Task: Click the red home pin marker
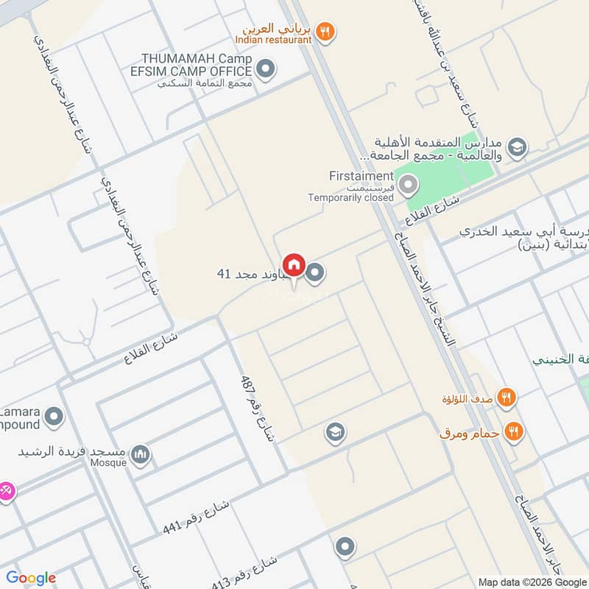point(294,264)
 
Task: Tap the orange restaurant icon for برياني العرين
point(325,32)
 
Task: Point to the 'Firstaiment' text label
point(361,176)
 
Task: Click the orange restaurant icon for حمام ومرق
point(514,431)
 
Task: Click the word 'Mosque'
point(107,463)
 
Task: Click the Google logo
point(31,578)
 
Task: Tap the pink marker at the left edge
point(4,489)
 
